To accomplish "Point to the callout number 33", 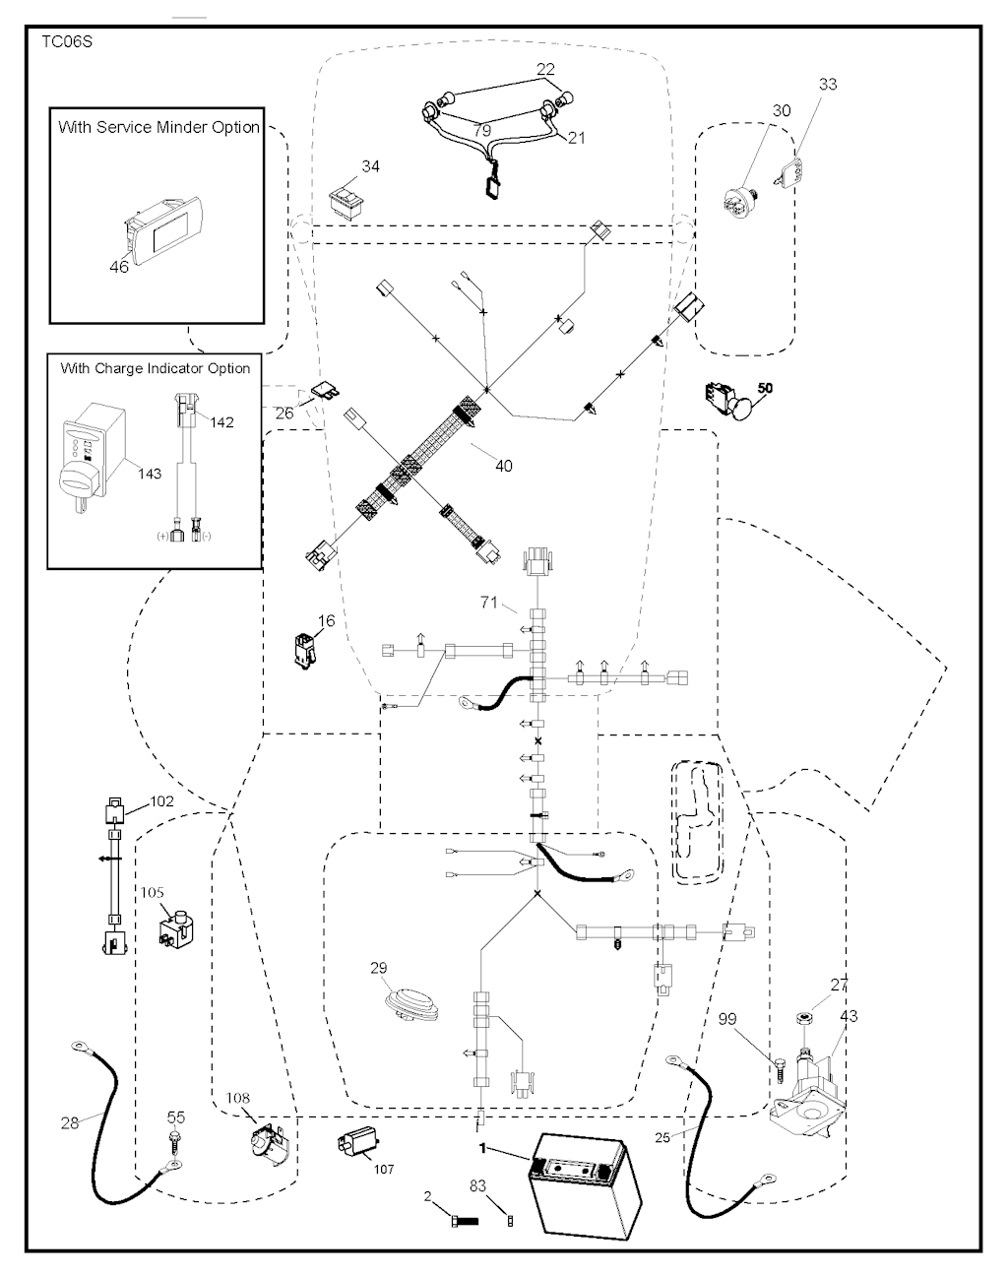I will click(828, 85).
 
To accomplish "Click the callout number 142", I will click(222, 422).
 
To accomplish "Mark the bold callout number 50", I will click(765, 388).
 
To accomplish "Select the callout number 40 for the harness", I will click(503, 466).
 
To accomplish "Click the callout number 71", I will click(489, 603).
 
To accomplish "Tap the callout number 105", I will click(153, 892).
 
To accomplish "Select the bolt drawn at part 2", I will click(461, 1221).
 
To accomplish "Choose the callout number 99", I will click(755, 1019).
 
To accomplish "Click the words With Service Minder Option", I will click(158, 127).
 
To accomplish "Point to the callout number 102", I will click(160, 801).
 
